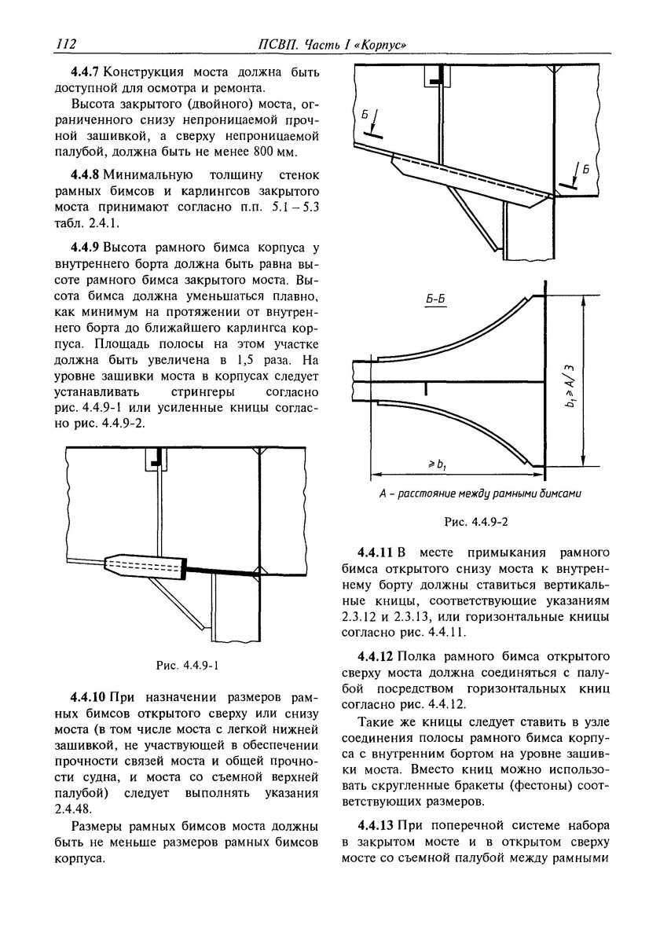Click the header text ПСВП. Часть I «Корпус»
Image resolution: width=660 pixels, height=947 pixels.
(x=338, y=43)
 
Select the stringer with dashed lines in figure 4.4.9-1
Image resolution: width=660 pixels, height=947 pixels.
(x=145, y=566)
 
